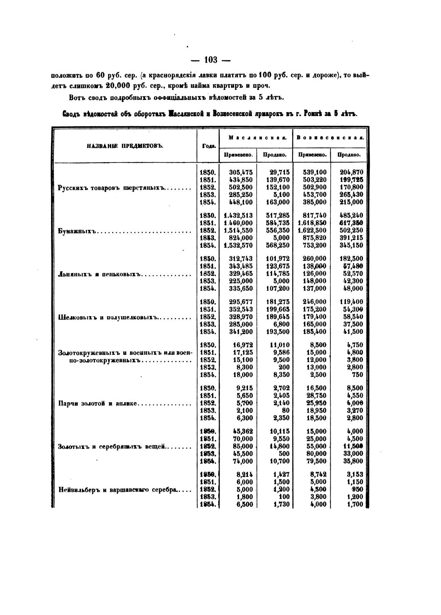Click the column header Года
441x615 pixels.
tap(209, 146)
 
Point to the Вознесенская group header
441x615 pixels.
tap(330, 137)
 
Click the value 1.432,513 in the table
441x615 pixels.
tap(238, 216)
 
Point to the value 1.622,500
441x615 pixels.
tap(312, 230)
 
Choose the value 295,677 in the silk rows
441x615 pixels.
tap(241, 302)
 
